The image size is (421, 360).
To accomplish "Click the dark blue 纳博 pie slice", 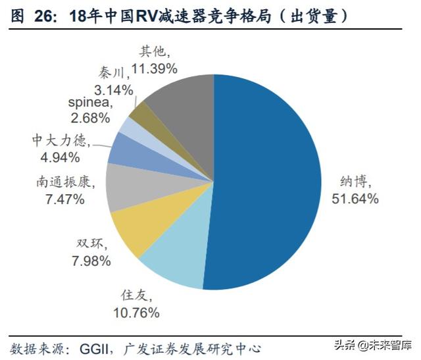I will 263,184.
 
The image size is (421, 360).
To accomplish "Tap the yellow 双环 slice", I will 136,231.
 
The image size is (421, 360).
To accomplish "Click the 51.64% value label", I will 355,198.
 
